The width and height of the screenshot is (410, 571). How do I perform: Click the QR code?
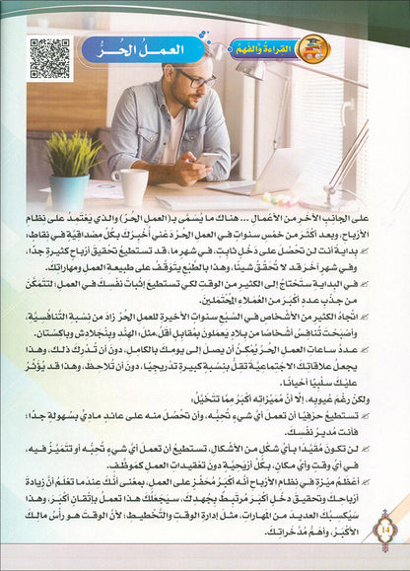point(49,59)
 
